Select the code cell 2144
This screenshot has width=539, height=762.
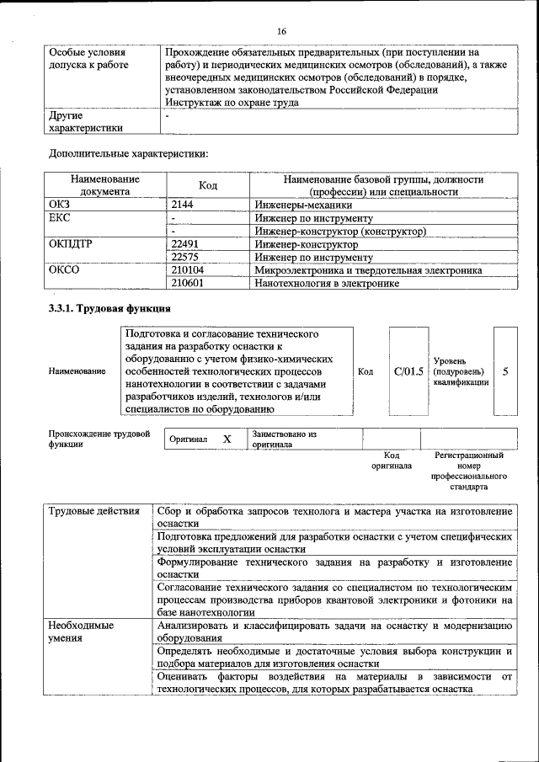pyautogui.click(x=183, y=205)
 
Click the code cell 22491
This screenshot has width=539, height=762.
pyautogui.click(x=185, y=244)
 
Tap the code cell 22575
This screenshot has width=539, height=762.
pyautogui.click(x=185, y=257)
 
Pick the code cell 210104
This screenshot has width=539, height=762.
pyautogui.click(x=188, y=270)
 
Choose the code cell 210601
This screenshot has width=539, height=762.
pyautogui.click(x=188, y=284)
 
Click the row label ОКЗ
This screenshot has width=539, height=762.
pyautogui.click(x=61, y=205)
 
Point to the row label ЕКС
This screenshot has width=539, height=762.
pyautogui.click(x=60, y=218)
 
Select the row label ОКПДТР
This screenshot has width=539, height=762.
pyautogui.click(x=72, y=244)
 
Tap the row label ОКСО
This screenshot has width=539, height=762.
pyautogui.click(x=65, y=270)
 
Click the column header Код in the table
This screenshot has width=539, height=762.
pyautogui.click(x=208, y=185)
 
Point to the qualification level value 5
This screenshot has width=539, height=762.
pyautogui.click(x=505, y=370)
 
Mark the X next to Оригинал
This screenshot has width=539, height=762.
pyautogui.click(x=227, y=440)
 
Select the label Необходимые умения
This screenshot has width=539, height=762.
pyautogui.click(x=80, y=631)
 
